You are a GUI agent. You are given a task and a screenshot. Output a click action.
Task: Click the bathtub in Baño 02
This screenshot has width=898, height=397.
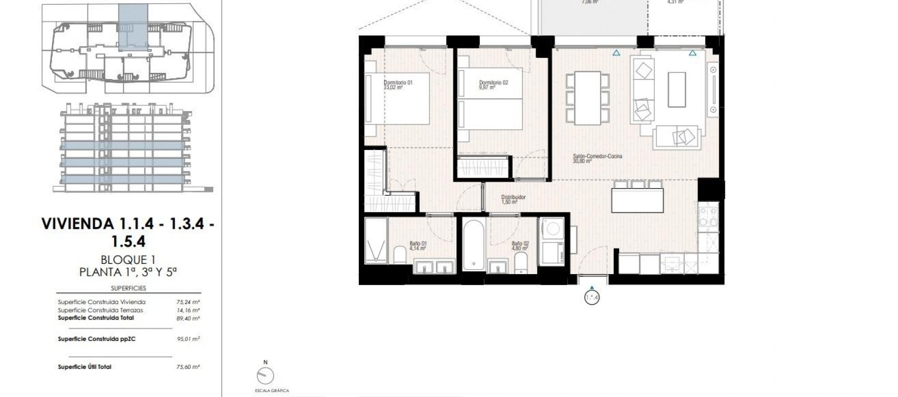[473, 245]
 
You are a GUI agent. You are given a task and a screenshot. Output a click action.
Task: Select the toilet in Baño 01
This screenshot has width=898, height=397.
[400, 255]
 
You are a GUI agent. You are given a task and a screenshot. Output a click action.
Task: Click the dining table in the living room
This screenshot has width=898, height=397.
[587, 98]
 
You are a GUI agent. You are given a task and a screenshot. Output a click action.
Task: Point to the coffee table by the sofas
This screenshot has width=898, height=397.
[676, 90]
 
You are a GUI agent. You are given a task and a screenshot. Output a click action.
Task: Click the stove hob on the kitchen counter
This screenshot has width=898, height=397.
[708, 216]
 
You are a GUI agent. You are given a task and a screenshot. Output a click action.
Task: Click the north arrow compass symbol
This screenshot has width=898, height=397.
[265, 376]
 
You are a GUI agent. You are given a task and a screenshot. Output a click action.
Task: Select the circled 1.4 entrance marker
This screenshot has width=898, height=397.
[592, 297]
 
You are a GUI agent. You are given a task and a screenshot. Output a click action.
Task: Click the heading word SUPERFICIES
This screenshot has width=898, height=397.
[128, 288]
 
